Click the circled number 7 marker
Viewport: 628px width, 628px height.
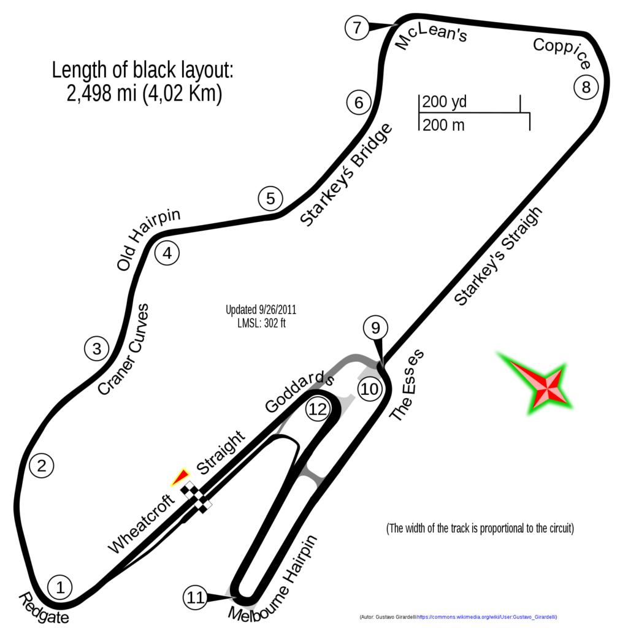(357, 28)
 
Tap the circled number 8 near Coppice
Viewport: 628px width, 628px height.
(586, 87)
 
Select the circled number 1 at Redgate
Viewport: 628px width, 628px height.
(60, 588)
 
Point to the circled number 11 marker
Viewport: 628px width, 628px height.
(196, 597)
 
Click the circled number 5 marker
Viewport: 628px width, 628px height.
(270, 199)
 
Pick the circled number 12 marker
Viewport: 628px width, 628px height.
(318, 409)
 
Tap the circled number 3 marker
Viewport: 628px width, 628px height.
(96, 348)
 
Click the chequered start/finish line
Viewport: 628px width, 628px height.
(196, 497)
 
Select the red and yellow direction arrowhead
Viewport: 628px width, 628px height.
(180, 477)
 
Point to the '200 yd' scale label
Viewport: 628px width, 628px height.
(444, 102)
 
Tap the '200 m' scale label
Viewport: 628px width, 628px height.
(443, 125)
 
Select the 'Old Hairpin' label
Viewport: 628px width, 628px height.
(148, 240)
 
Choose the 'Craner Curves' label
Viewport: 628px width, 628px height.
(123, 349)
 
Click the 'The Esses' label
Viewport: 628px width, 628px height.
(407, 385)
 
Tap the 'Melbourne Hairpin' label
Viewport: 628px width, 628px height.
(273, 579)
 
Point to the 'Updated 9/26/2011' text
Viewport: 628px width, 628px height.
(261, 310)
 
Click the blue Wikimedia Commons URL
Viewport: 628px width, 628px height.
(486, 617)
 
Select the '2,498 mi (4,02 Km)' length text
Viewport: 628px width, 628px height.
(144, 93)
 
